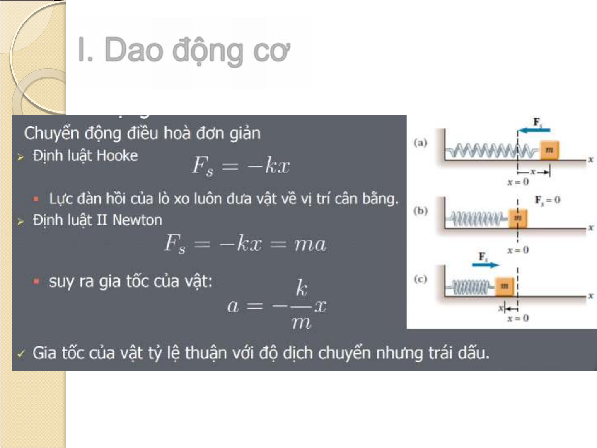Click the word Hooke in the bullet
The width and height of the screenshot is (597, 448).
coord(117,156)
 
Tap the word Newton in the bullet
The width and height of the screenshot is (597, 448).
coord(137,220)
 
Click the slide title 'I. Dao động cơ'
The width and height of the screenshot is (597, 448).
coord(184,51)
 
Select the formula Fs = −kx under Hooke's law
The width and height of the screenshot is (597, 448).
coord(241,165)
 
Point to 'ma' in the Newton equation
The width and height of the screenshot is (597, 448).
coord(310,244)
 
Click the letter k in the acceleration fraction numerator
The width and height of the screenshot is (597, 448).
coord(302,288)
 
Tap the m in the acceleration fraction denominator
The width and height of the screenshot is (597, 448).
coord(301,323)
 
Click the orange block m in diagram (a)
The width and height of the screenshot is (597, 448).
coord(549,150)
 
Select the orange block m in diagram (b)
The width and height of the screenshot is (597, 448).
coord(517,218)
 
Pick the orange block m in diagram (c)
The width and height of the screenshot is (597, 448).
coord(505,286)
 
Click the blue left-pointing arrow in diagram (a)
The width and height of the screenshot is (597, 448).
coord(534,130)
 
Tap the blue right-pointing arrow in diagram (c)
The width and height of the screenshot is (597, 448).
coord(486,265)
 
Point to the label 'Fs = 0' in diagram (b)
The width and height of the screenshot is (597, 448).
coord(547,200)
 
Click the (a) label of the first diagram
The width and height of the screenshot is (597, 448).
coord(421,143)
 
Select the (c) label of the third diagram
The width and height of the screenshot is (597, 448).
coord(421,279)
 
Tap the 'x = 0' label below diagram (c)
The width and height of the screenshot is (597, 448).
coord(518,318)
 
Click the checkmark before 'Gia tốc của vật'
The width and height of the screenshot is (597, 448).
coord(21,354)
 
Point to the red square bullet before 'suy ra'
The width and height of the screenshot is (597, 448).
coord(36,281)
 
